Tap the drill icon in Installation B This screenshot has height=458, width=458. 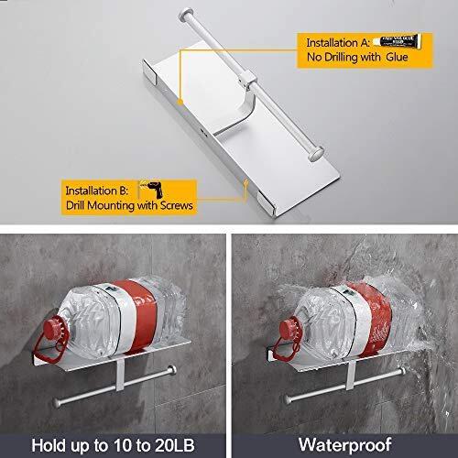click(148, 190)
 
